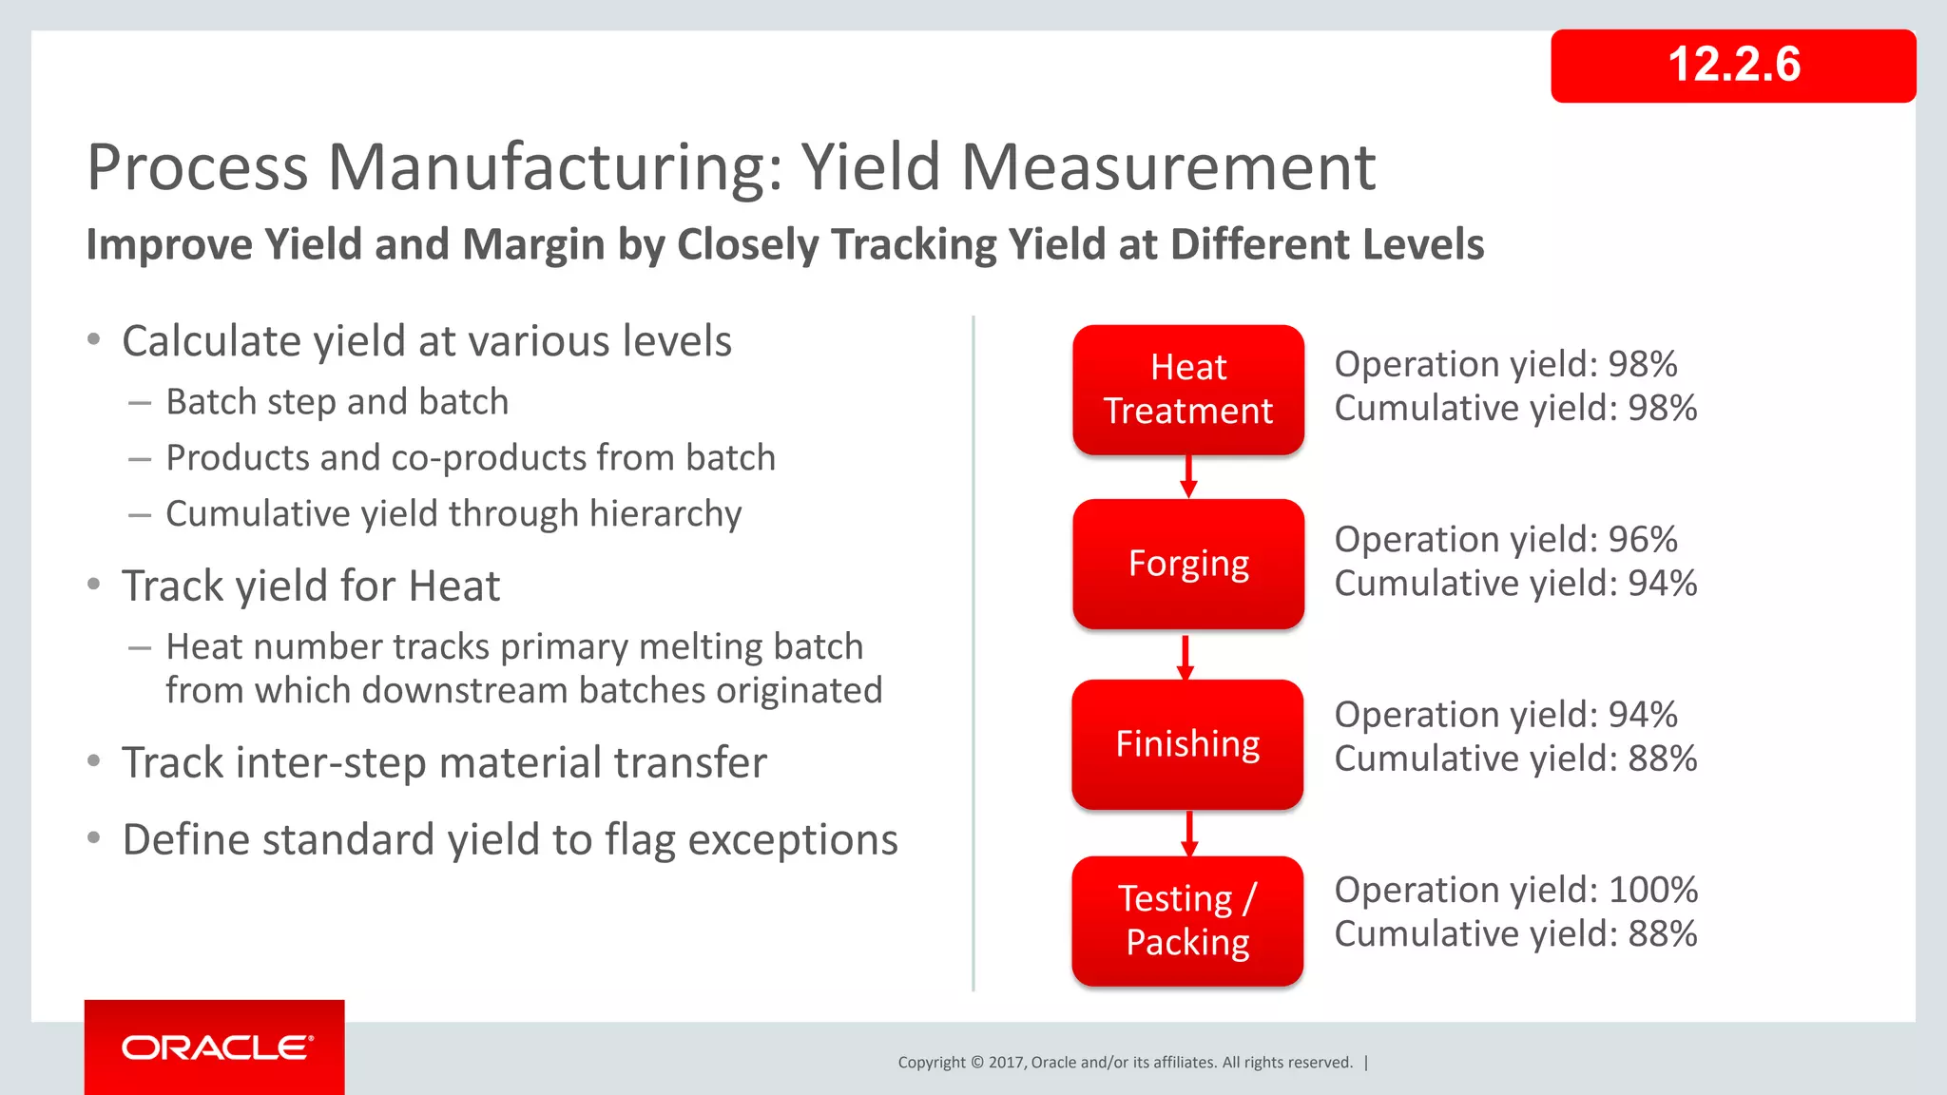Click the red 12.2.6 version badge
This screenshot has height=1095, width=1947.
coord(1732,66)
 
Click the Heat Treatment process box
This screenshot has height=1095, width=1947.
coord(1187,390)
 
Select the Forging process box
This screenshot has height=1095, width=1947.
coord(1187,564)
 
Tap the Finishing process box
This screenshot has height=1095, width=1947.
coord(1186,744)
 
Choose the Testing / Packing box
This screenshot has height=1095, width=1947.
coord(1186,920)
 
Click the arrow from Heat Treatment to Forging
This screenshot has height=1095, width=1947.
coord(1188,476)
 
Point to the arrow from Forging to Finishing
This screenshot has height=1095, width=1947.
coord(1185,657)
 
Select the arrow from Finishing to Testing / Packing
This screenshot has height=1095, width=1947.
coord(1189,833)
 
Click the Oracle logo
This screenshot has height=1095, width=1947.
coord(217,1047)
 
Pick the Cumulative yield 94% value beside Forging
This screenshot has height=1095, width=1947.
coord(1662,584)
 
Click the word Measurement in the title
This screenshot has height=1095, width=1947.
coord(1167,167)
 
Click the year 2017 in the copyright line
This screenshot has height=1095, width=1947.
coord(1005,1063)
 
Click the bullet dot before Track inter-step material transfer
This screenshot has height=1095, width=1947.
coord(93,760)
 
